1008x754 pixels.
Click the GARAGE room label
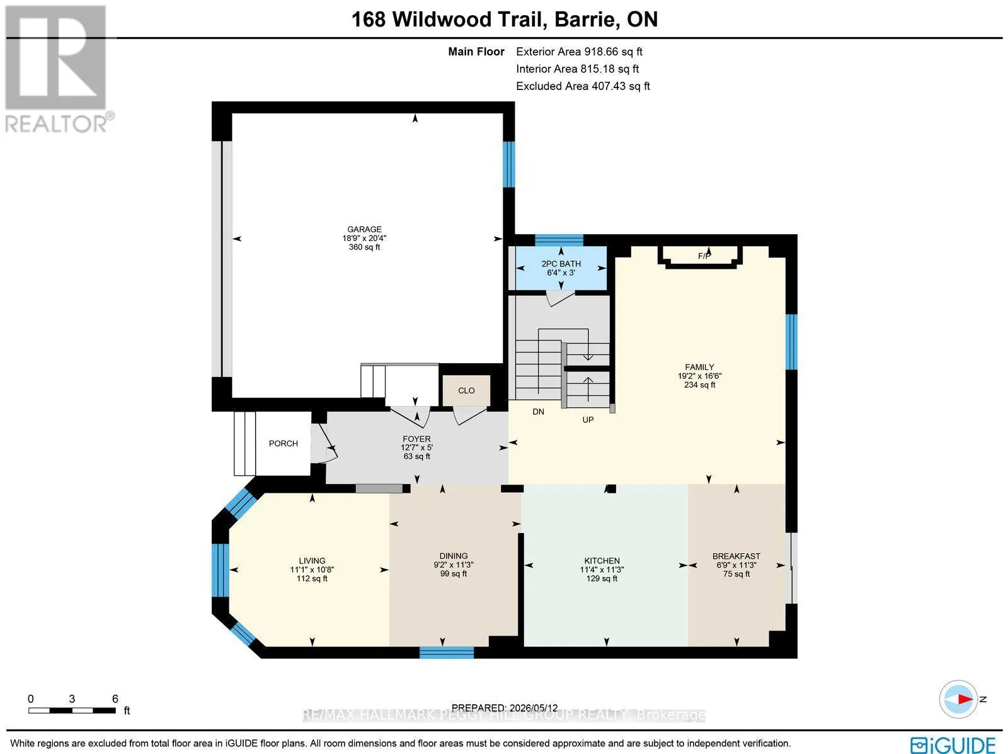coord(364,229)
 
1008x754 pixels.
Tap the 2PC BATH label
coord(561,264)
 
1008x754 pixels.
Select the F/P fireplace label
coord(704,256)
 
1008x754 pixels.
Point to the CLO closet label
coord(466,390)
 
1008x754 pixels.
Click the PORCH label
coord(283,444)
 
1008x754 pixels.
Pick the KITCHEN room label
coord(602,560)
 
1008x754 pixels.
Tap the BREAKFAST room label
coord(736,556)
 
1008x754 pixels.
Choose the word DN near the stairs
coord(538,412)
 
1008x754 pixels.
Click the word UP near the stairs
coord(588,420)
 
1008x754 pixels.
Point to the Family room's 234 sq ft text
coord(699,385)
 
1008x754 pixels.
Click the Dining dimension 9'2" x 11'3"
coord(453,565)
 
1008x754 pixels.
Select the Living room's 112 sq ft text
coord(312,578)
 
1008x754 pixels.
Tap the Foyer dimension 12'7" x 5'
coord(416,447)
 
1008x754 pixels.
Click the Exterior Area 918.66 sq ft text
coord(579,52)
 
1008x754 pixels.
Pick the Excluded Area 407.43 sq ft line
coord(583,86)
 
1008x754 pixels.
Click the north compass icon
coord(958,699)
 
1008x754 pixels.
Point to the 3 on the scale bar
coord(72,699)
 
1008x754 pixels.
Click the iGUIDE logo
coord(953,744)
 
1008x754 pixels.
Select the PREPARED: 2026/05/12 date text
coord(504,707)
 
